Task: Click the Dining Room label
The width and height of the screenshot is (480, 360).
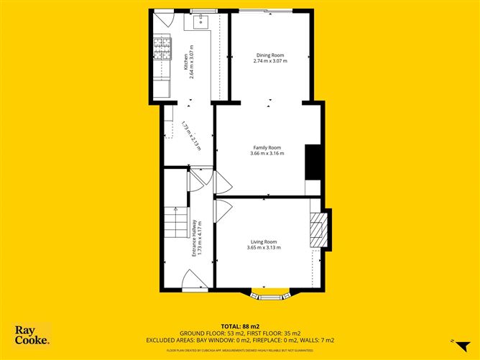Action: click(270, 55)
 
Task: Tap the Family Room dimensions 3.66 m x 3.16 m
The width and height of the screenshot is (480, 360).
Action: click(267, 153)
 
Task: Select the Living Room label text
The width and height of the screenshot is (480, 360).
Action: click(264, 242)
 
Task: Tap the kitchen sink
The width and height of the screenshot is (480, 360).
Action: click(199, 22)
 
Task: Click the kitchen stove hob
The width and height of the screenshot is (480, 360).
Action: click(159, 50)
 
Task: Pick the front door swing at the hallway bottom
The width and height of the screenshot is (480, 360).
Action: click(193, 280)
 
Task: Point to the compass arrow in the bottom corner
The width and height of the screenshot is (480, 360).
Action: click(451, 338)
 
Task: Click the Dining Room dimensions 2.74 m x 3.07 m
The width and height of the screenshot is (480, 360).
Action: click(270, 61)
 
